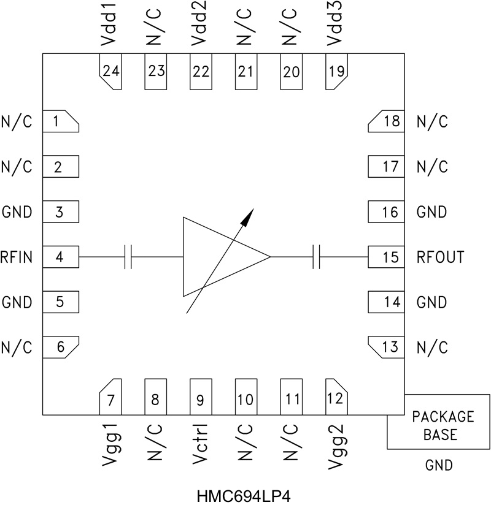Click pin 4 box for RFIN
[60, 257]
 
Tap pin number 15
[390, 257]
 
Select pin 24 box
[111, 72]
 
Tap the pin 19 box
[336, 72]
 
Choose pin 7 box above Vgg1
[111, 400]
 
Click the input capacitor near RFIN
[128, 257]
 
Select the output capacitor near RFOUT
[317, 257]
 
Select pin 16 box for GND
[386, 213]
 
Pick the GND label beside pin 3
[17, 213]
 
